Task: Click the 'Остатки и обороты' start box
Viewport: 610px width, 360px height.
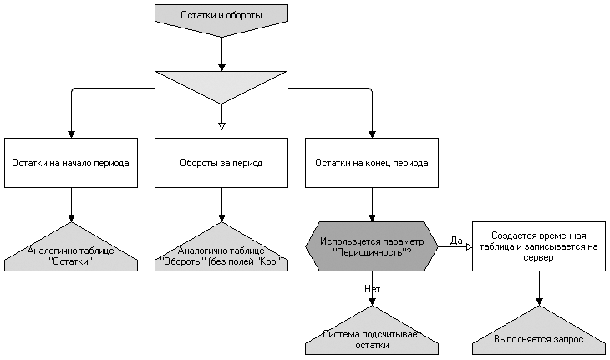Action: tap(221, 16)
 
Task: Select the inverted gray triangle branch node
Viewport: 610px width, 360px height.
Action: tap(221, 84)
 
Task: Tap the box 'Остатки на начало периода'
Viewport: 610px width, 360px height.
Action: tap(70, 163)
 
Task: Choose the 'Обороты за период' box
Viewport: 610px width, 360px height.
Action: tap(221, 163)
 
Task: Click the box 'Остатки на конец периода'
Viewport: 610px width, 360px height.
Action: tap(372, 163)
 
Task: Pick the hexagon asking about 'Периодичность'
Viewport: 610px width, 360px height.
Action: tap(372, 246)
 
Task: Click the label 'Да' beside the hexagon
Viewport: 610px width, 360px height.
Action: tap(456, 241)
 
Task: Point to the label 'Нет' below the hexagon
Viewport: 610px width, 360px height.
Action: tap(373, 288)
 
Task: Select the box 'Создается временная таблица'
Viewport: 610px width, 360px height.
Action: tap(538, 246)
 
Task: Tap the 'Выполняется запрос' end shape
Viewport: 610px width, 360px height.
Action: tap(538, 338)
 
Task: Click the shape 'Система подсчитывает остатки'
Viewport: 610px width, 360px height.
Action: tap(372, 338)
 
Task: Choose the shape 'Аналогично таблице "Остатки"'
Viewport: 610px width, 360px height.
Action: tap(70, 256)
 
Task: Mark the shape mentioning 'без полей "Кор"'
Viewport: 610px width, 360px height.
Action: tap(221, 256)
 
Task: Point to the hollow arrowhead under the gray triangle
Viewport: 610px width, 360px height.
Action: tap(221, 126)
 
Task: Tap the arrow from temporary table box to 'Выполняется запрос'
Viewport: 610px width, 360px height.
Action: tap(538, 288)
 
